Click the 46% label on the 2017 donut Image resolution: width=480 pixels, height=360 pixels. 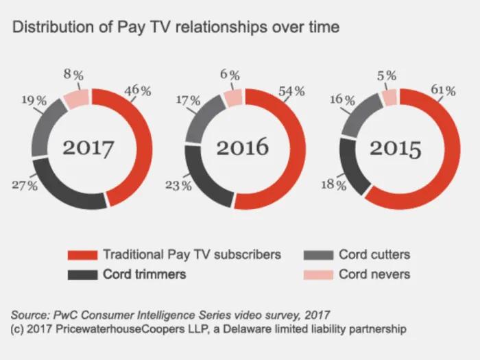tap(138, 91)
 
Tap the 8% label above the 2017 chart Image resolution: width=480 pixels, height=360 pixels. tap(73, 75)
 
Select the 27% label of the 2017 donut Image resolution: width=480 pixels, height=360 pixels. tap(25, 185)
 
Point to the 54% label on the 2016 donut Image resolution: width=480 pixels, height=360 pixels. tap(291, 91)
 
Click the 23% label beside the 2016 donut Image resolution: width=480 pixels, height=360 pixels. tap(178, 185)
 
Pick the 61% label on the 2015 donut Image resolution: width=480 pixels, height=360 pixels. tap(443, 91)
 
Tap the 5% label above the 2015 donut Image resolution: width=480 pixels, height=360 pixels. tap(387, 75)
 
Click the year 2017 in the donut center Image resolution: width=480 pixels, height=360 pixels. tap(88, 148)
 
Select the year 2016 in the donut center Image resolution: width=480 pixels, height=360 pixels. tap(243, 147)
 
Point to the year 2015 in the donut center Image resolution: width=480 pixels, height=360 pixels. tap(396, 149)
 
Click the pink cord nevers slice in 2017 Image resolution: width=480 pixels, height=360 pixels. tap(77, 98)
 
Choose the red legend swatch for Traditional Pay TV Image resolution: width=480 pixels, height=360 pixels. tap(82, 255)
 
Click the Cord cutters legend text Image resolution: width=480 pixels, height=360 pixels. tap(374, 254)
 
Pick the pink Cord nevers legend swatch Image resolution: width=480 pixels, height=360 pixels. tap(318, 274)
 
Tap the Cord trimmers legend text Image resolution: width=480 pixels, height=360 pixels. tap(144, 274)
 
